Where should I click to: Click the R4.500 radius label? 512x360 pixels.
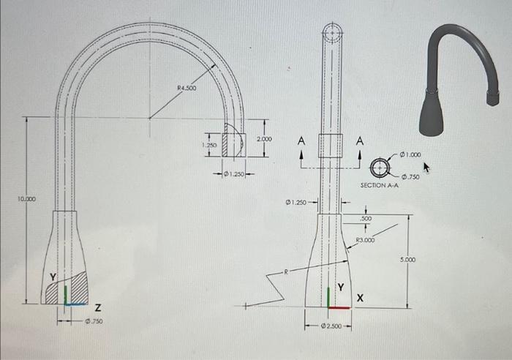(187, 89)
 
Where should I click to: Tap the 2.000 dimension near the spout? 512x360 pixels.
(265, 138)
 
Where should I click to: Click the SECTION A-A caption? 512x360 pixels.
(379, 186)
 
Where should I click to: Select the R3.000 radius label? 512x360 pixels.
(365, 240)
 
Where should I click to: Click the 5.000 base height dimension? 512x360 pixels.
(407, 260)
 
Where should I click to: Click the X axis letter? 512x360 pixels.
(359, 299)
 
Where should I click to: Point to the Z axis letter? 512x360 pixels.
(98, 305)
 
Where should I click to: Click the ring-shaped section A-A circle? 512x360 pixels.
(380, 168)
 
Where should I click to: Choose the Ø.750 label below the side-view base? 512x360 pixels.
(93, 320)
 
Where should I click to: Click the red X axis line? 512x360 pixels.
(339, 307)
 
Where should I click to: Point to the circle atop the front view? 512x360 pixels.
(331, 32)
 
